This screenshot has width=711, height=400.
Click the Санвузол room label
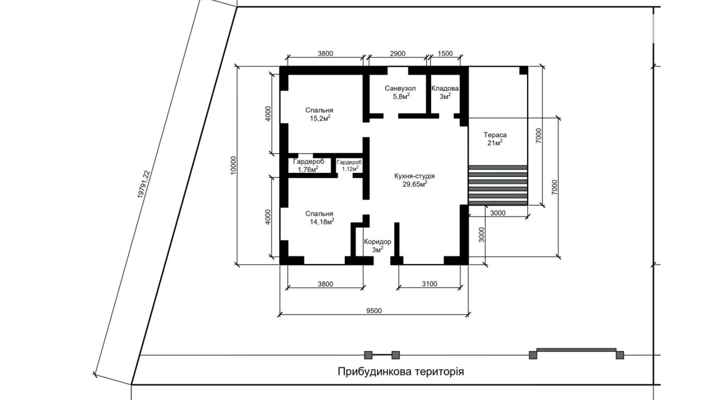coord(400,88)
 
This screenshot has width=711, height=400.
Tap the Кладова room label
coord(445,88)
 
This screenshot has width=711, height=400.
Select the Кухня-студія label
coord(414,176)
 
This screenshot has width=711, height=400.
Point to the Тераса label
coord(495,135)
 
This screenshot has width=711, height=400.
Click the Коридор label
coord(378,242)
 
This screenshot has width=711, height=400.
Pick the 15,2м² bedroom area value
coord(320,118)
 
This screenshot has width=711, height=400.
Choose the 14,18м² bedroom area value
coord(322,222)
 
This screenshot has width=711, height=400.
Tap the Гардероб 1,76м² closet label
coord(308,165)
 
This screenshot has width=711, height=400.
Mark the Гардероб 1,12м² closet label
coord(349,165)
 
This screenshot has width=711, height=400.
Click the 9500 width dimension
coord(374,311)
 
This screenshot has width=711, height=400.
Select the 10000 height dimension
coord(233,165)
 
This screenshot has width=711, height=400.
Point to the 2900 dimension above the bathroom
coord(398,54)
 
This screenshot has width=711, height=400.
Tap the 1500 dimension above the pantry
coord(445,54)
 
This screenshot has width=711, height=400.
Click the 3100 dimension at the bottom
coord(430,284)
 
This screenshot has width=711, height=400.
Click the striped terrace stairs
coord(498,185)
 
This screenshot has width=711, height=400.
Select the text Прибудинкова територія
coord(401,372)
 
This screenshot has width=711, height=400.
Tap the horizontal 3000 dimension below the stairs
coord(498,213)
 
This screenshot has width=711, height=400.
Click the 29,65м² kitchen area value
coord(415,184)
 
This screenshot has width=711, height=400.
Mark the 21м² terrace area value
coord(495,143)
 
